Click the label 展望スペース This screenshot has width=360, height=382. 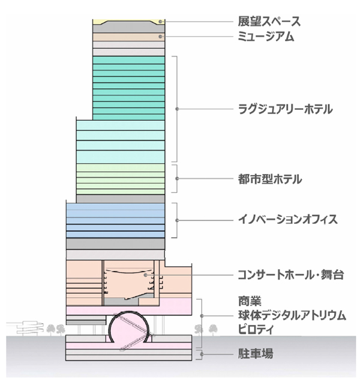[x=269, y=22]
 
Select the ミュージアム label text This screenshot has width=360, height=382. [x=266, y=37]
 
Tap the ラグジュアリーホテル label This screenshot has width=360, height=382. [x=285, y=109]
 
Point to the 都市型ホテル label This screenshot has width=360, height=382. [x=269, y=179]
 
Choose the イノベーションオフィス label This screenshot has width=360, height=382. [x=288, y=219]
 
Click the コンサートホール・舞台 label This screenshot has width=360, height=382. [x=290, y=275]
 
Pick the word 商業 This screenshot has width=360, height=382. [x=250, y=301]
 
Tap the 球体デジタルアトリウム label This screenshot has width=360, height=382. [x=292, y=315]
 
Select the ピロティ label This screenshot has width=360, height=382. [x=256, y=329]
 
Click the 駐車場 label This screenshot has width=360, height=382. [x=256, y=354]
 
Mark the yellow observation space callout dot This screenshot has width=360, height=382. [x=160, y=22]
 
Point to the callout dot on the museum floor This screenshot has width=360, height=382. [x=160, y=37]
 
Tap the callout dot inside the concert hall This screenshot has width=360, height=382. [x=145, y=275]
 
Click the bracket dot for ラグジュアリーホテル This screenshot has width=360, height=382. [x=177, y=109]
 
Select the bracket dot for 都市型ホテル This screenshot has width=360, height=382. [x=177, y=178]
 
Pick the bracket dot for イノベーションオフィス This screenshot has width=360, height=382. [x=177, y=220]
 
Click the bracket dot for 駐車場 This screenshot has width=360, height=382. [x=202, y=354]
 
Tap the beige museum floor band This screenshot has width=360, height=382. [x=128, y=37]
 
